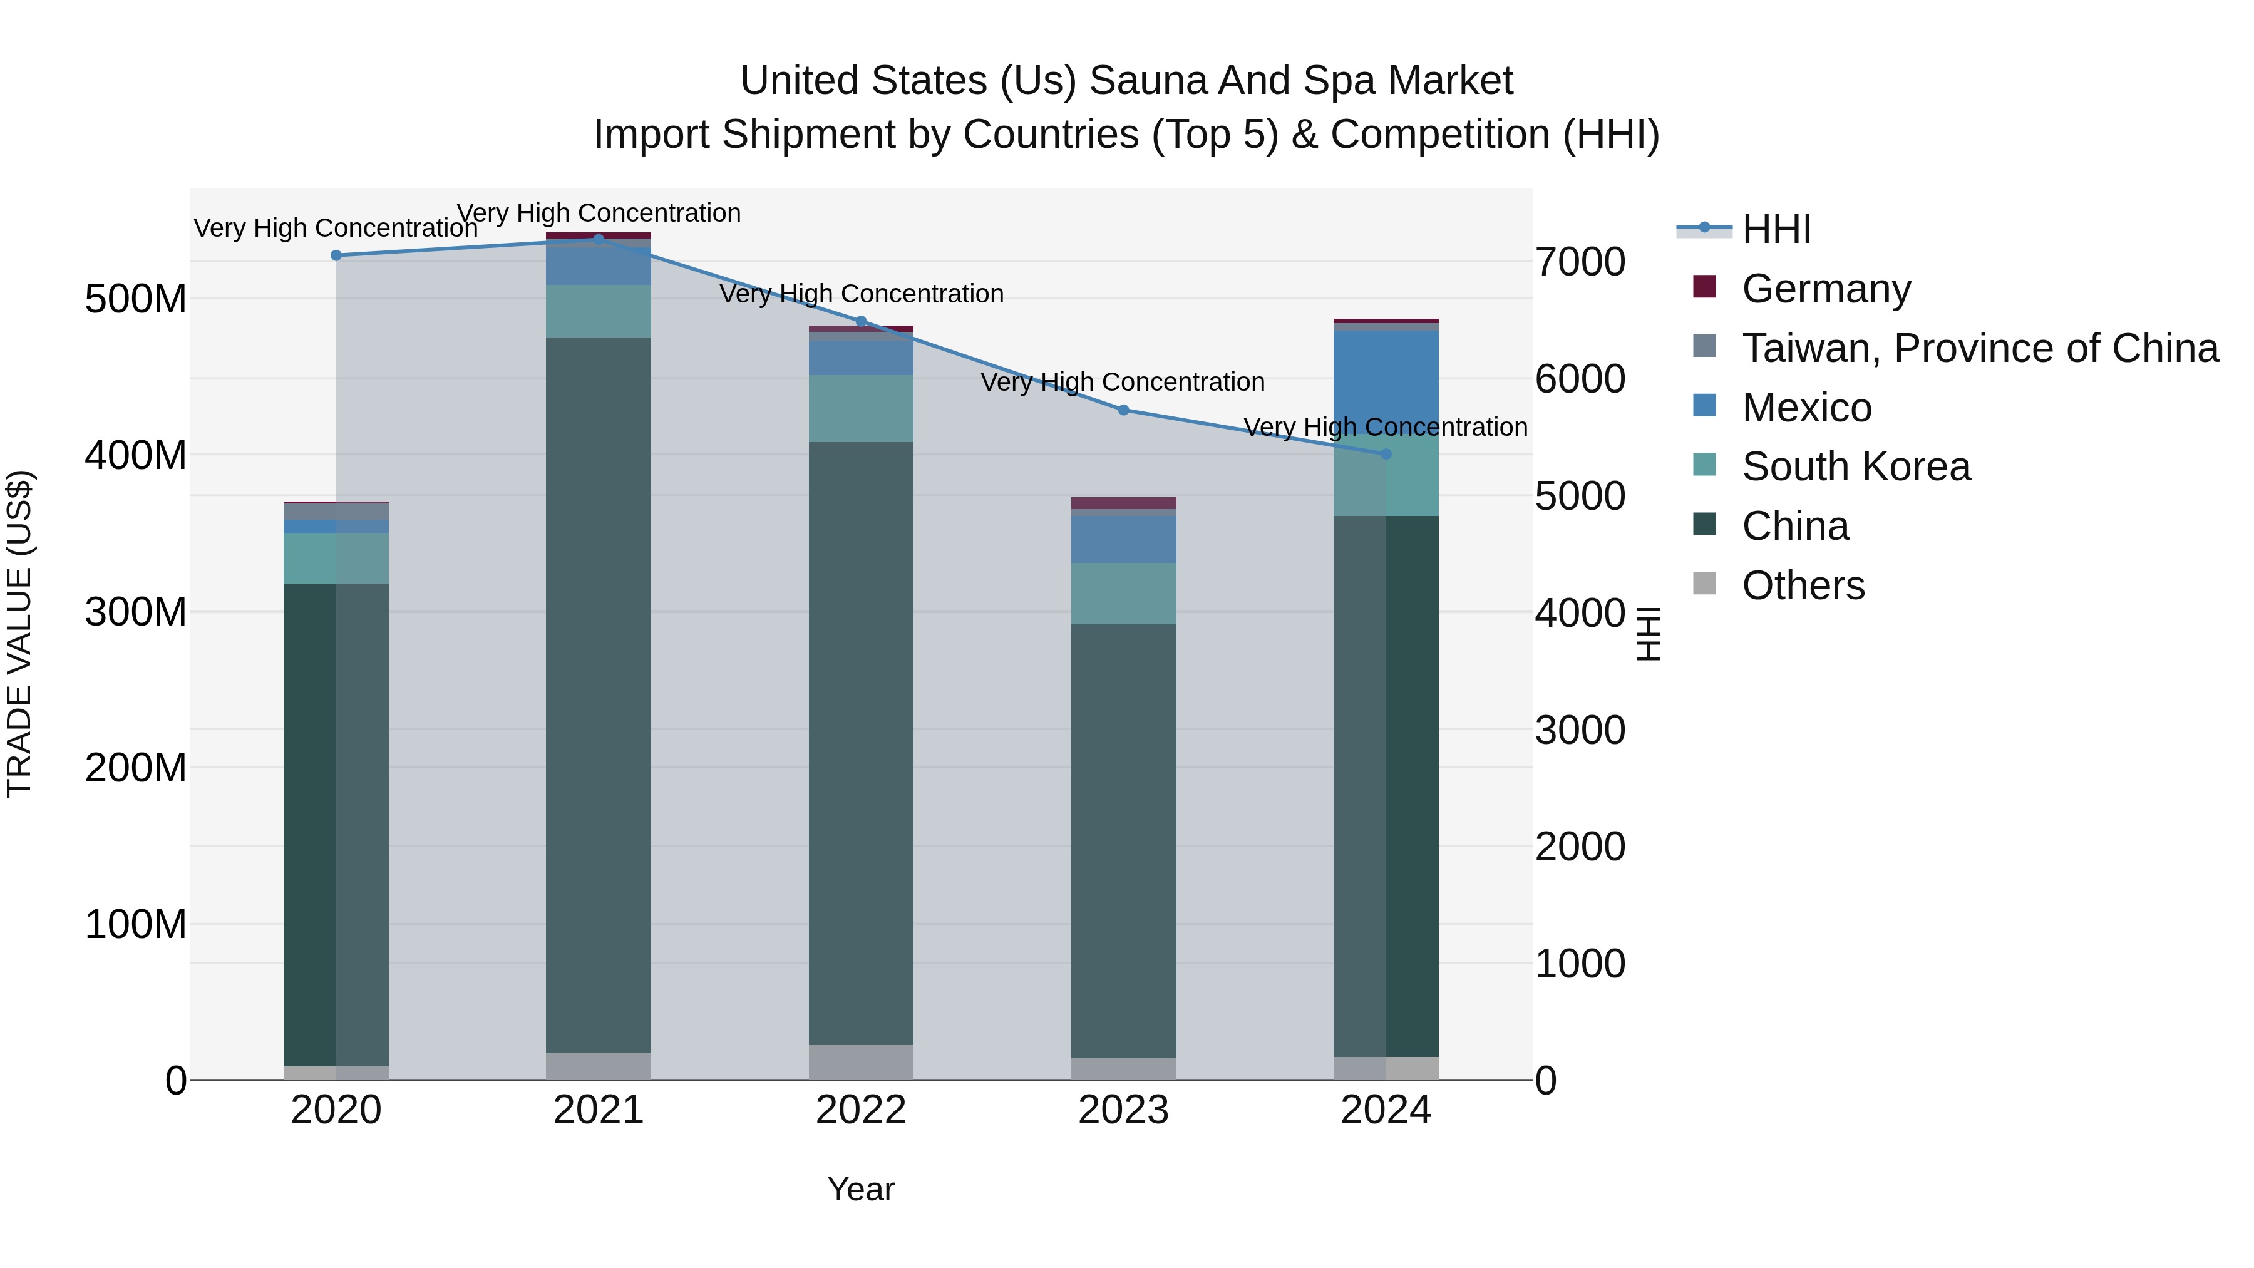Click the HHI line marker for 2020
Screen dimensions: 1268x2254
tap(336, 255)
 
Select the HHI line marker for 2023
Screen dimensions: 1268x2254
tap(1123, 410)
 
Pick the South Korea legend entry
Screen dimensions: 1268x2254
tap(1855, 466)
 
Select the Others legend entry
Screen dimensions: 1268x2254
tap(1803, 585)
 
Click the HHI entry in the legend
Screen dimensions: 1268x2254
tap(1776, 229)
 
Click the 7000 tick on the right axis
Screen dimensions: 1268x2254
tap(1580, 262)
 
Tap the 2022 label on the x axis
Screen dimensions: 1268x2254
tap(861, 1110)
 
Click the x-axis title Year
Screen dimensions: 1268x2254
tap(861, 1189)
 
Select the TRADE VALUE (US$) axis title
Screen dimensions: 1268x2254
tap(19, 634)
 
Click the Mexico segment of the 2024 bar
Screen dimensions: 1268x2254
tap(1386, 376)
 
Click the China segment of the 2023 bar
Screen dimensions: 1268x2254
tap(1123, 840)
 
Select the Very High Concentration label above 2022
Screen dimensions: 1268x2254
tap(861, 294)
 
